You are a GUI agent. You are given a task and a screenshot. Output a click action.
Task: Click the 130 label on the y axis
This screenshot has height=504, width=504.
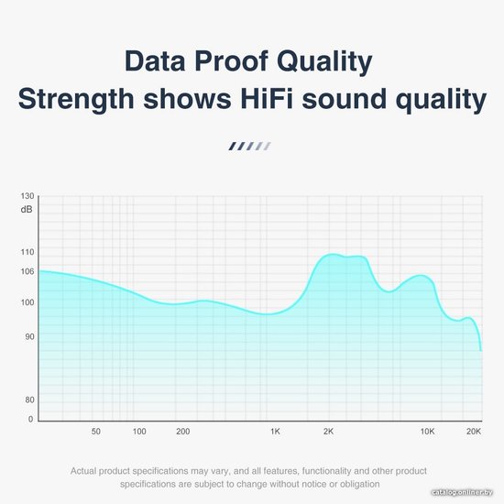(27, 196)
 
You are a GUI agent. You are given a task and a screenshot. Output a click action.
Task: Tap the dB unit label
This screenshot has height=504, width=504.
(27, 210)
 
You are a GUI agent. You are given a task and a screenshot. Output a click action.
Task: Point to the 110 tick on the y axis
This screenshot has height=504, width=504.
(27, 252)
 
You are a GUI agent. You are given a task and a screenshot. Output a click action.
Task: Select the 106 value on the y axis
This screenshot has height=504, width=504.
(27, 271)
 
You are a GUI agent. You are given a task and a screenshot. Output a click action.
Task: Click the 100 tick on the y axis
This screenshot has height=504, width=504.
(27, 302)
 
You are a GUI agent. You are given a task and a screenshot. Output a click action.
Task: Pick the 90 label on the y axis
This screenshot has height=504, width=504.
(29, 337)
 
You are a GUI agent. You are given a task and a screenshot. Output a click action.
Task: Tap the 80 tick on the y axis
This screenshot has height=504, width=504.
(29, 400)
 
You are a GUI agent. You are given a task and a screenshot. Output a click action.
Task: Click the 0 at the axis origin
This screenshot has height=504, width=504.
(30, 419)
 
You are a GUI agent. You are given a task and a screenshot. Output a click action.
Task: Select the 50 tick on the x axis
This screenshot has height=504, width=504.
(96, 432)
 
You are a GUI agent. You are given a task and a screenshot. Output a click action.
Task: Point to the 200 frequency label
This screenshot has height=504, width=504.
(183, 432)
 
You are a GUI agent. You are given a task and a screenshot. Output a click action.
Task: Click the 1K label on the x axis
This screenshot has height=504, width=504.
(275, 432)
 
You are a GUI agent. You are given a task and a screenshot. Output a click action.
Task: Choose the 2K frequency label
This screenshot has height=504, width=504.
(328, 432)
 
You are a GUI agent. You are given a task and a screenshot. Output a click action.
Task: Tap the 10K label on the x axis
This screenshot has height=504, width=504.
(428, 432)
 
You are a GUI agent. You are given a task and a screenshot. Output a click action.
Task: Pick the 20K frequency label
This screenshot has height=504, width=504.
(474, 432)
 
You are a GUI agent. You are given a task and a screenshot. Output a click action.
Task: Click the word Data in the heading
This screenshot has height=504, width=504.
(155, 60)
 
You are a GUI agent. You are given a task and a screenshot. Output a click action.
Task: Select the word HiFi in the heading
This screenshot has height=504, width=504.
(267, 98)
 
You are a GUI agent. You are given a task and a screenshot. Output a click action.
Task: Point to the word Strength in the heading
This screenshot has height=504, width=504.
(76, 100)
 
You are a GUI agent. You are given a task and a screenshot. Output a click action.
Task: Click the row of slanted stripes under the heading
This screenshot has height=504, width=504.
(249, 147)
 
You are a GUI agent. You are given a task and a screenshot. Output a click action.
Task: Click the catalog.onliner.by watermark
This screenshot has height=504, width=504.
(462, 492)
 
